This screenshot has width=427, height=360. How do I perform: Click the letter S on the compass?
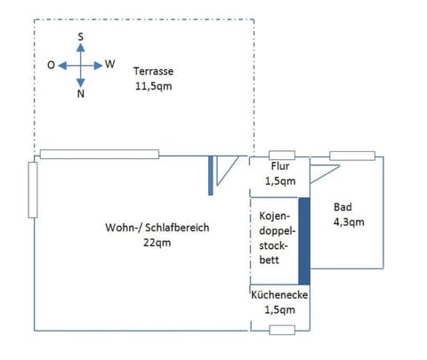(x=81, y=36)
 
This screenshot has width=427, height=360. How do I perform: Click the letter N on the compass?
(x=81, y=94)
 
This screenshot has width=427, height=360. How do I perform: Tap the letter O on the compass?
(x=51, y=65)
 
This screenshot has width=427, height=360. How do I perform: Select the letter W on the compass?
(x=110, y=64)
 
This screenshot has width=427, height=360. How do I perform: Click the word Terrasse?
(x=152, y=70)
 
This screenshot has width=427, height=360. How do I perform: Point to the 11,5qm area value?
(x=152, y=86)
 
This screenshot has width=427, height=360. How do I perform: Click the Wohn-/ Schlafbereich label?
(x=157, y=228)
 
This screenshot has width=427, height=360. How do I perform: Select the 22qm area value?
(x=157, y=243)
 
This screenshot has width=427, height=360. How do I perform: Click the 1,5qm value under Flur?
(x=278, y=181)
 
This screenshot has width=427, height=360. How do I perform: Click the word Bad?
(x=342, y=207)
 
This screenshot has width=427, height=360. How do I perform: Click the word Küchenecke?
(x=278, y=294)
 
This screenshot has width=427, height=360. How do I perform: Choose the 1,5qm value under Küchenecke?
(x=278, y=309)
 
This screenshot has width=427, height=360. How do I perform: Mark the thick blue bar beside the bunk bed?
(x=303, y=240)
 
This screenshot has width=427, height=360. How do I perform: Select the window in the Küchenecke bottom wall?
(x=281, y=330)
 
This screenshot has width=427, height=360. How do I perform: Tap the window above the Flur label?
(x=282, y=156)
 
